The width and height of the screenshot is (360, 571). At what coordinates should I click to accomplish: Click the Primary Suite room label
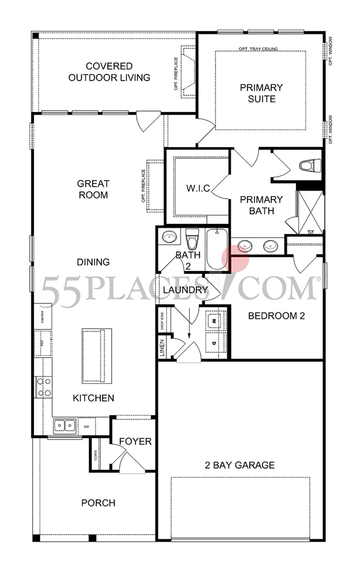[x=261, y=93]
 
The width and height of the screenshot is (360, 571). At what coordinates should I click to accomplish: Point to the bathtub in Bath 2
[x=216, y=250]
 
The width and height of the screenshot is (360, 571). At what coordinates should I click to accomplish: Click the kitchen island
[x=96, y=356]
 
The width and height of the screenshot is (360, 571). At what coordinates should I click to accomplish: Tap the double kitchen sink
[x=64, y=426]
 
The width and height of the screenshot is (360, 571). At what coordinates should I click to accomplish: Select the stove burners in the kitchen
[x=44, y=387]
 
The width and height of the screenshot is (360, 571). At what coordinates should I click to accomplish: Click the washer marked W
[x=214, y=321]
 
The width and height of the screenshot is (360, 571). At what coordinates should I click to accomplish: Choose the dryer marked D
[x=214, y=343]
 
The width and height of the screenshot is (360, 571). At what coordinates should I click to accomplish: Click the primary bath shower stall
[x=310, y=213]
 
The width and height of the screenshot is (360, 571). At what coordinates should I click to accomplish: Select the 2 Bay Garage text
[x=239, y=465]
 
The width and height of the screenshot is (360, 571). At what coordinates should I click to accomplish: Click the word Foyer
[x=135, y=441]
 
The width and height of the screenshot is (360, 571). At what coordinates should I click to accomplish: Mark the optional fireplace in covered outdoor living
[x=187, y=72]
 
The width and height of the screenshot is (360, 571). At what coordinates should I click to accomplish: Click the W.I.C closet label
[x=198, y=188]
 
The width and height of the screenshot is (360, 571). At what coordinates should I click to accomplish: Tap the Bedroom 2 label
[x=276, y=316]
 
